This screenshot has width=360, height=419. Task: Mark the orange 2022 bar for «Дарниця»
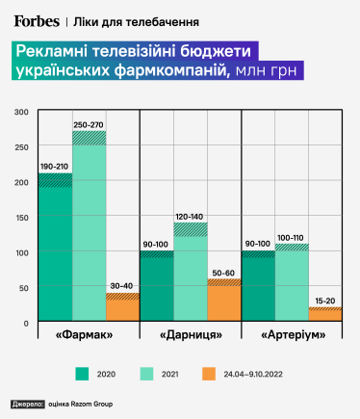[224, 301]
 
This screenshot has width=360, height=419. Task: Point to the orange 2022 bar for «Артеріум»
[325, 314]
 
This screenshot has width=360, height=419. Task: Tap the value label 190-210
[55, 167]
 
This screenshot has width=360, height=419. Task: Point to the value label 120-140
[191, 216]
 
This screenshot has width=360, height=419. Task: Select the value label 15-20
[325, 301]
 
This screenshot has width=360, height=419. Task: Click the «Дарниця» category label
[191, 334]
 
